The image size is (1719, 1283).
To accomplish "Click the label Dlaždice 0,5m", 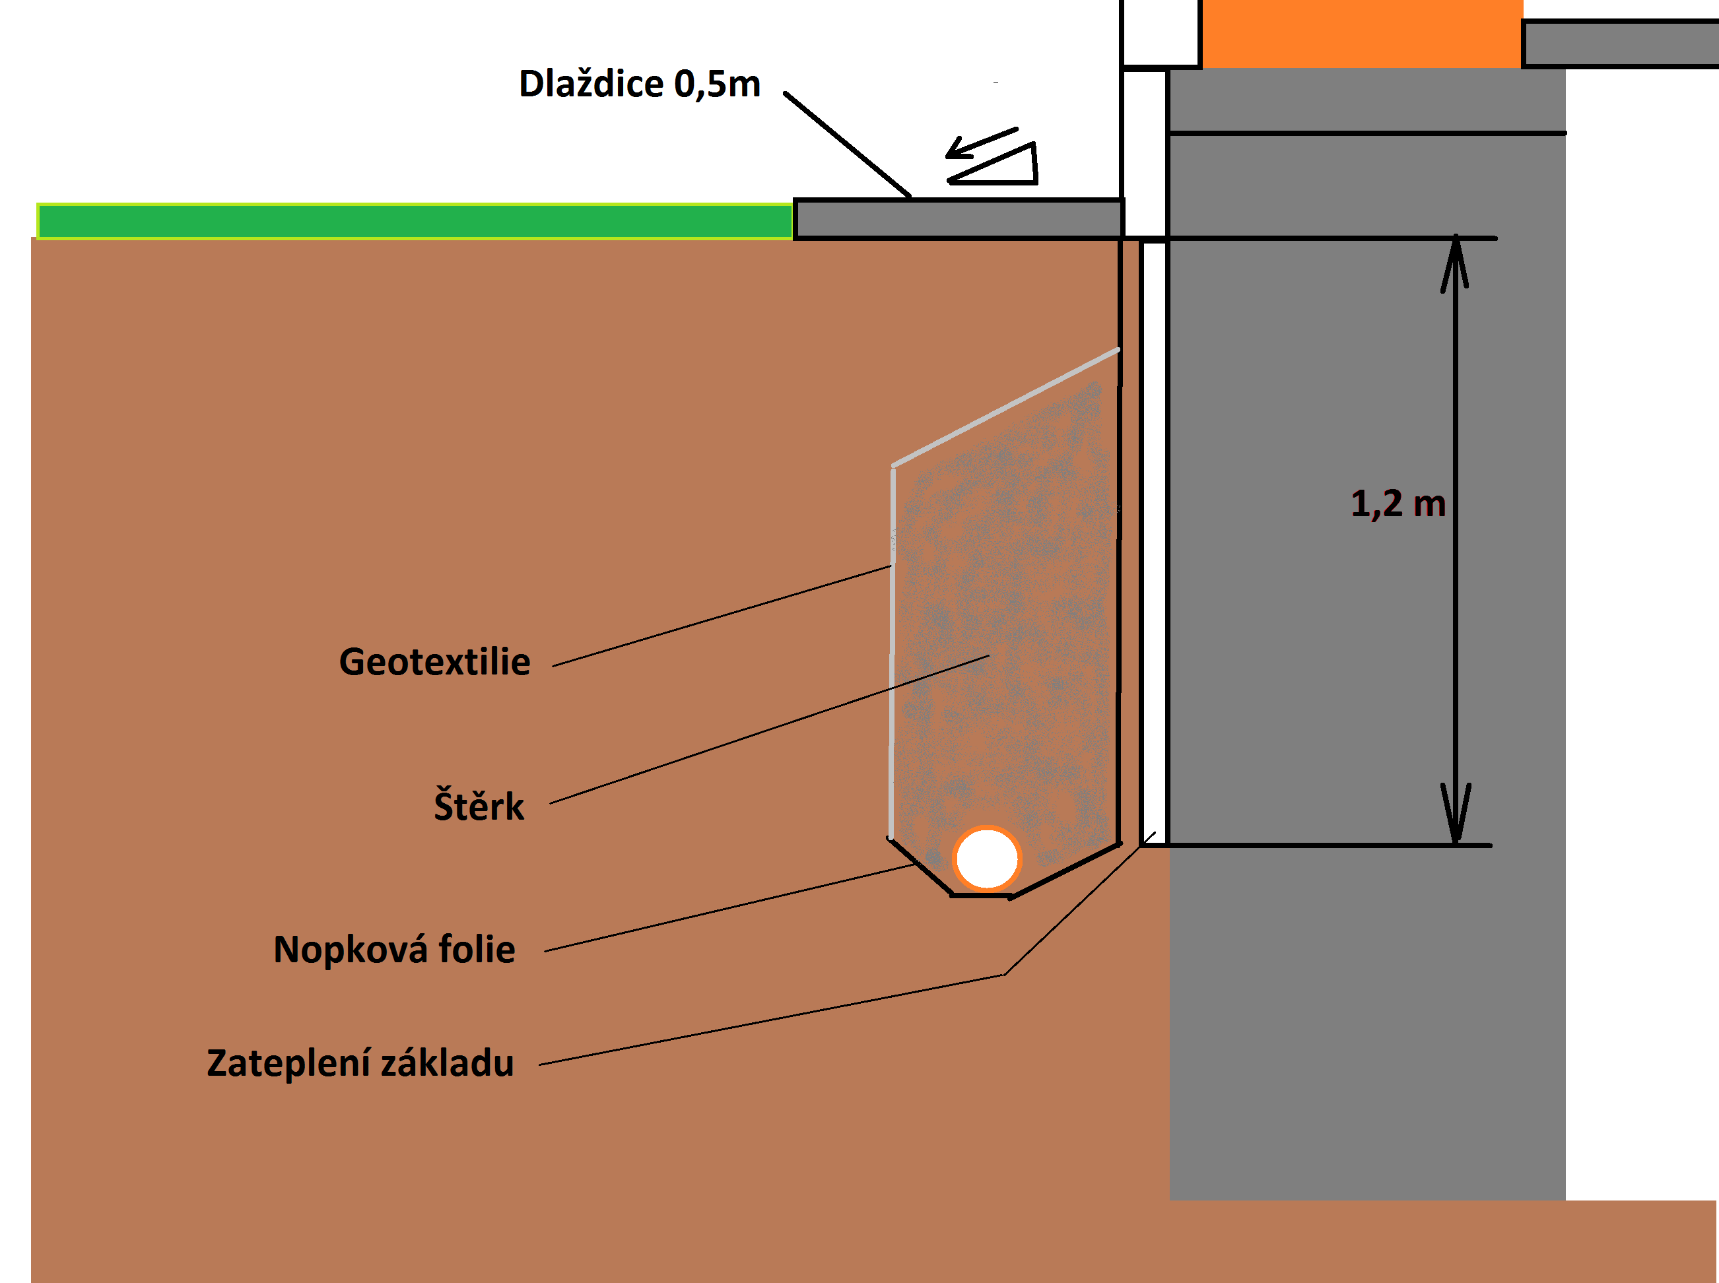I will (x=638, y=84).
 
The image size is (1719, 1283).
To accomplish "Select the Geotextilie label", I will (x=434, y=663).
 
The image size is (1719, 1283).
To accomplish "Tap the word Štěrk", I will (x=479, y=806).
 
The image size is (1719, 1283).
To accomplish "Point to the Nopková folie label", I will (x=394, y=949).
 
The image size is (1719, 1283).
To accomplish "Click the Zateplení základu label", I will (x=360, y=1063).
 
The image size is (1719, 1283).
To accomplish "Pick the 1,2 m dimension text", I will (x=1398, y=504).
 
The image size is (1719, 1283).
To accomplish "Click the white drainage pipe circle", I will (x=986, y=858).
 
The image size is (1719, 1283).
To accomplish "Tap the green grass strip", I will (x=414, y=221).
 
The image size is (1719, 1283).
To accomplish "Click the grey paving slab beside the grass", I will (x=958, y=219).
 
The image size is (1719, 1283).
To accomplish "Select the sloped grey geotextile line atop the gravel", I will (x=1005, y=409).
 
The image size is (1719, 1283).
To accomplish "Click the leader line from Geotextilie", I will (x=722, y=616).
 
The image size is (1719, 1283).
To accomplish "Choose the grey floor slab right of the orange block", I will (x=1619, y=44).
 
